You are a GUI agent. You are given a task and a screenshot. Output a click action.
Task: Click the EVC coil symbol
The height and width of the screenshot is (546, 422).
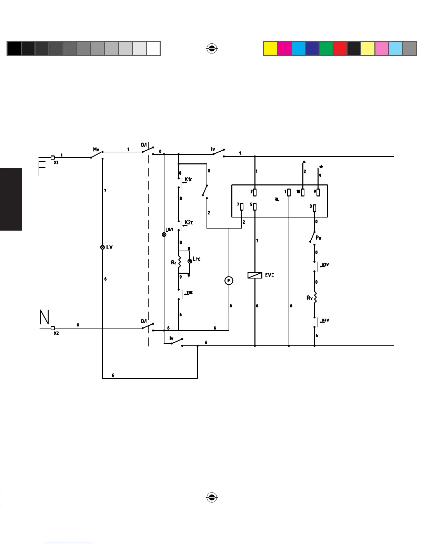255,275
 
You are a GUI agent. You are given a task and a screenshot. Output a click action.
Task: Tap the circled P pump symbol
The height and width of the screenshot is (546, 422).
229,281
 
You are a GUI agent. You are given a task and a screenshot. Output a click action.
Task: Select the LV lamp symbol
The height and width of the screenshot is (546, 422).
102,247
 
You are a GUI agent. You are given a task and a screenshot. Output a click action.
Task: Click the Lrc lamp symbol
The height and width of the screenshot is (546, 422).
189,261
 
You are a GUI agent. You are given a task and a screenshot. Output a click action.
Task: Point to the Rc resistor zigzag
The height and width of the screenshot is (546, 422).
179,262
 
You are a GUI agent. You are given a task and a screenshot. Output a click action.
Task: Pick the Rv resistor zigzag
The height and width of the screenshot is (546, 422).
314,297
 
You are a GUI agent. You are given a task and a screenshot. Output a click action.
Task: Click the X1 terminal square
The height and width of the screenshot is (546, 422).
52,158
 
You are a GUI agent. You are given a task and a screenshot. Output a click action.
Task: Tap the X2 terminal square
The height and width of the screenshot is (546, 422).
52,328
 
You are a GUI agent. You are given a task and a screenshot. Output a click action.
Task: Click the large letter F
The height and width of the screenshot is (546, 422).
42,168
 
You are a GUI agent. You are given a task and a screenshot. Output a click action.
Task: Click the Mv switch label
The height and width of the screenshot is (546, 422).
96,150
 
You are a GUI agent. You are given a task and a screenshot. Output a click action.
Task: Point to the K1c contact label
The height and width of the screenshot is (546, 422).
189,179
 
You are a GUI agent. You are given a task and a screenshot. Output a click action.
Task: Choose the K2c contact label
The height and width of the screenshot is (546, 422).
189,222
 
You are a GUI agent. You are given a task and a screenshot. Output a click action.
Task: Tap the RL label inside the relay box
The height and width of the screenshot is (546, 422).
277,200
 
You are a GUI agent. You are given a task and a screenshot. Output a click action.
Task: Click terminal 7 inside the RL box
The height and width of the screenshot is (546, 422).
242,206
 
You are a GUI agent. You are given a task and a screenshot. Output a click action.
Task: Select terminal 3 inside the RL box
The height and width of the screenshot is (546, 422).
314,208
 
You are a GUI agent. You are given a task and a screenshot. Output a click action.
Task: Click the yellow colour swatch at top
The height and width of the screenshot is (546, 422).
270,49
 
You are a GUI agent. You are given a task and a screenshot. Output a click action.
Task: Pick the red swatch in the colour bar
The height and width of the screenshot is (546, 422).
340,49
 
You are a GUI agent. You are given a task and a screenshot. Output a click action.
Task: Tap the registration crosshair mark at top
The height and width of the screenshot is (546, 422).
212,49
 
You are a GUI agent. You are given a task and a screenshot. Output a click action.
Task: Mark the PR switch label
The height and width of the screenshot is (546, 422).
319,238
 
